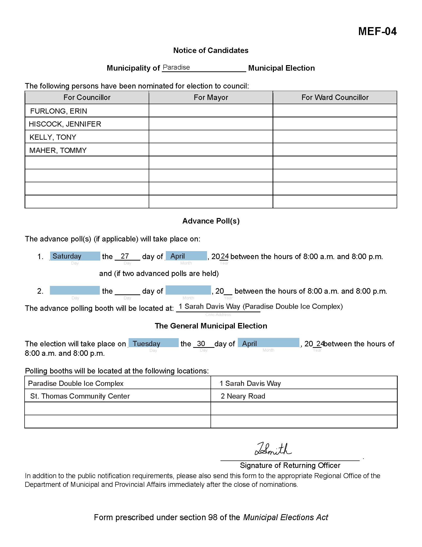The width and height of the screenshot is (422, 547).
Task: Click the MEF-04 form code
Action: [377, 32]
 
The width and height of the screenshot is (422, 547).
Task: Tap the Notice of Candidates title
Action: [211, 50]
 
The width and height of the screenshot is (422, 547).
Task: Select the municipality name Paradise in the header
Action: [176, 67]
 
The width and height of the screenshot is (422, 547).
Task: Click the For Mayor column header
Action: [211, 97]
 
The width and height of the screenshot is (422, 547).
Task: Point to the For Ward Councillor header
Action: [335, 97]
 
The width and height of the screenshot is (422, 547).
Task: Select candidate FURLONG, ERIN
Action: [59, 111]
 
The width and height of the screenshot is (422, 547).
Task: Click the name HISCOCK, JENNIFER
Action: [65, 124]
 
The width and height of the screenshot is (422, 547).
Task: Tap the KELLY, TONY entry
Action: [53, 137]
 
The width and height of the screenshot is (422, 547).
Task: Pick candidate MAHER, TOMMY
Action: [58, 150]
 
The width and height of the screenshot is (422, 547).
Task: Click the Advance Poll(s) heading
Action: [211, 221]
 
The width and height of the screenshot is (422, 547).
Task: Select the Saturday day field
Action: [75, 256]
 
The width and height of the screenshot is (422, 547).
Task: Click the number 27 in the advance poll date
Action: [125, 256]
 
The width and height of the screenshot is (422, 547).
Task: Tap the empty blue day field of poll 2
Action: [75, 290]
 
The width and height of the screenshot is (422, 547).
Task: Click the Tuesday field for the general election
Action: [153, 343]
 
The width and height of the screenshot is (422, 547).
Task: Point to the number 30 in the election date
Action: [201, 343]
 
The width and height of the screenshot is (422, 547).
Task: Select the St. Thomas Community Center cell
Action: [80, 396]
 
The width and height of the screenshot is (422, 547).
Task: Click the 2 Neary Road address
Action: [243, 396]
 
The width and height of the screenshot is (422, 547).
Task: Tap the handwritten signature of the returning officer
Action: [273, 449]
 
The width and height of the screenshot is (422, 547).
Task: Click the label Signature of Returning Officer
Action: [290, 465]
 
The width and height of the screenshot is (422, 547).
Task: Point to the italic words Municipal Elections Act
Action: [285, 517]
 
